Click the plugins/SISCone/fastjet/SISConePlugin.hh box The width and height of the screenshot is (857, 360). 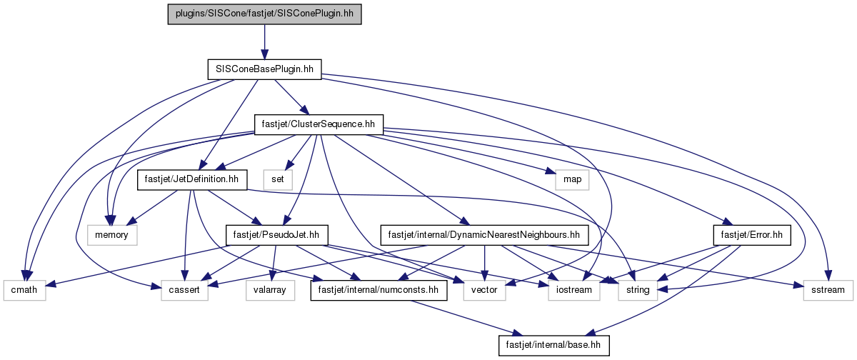tap(264, 14)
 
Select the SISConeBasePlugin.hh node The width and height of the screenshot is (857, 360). tap(264, 69)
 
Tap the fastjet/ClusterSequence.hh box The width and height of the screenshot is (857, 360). tap(319, 124)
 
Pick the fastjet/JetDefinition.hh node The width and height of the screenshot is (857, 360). tap(191, 179)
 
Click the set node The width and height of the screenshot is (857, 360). tap(278, 179)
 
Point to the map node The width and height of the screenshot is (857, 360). tap(572, 179)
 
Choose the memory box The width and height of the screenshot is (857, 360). tap(111, 235)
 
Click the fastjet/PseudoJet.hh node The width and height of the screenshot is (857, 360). tap(276, 235)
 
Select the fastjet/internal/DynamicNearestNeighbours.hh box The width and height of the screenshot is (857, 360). tap(484, 235)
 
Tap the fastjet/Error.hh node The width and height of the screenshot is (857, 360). tap(752, 235)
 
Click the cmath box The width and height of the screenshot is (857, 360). tap(24, 290)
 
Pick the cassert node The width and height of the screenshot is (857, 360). tap(184, 290)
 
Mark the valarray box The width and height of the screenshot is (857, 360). tap(270, 290)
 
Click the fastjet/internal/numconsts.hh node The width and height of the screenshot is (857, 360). tap(379, 290)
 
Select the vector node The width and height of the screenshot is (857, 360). tap(484, 290)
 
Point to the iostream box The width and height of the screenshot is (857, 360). tap(574, 290)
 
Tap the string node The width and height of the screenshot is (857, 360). tap(638, 290)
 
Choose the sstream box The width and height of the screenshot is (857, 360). tap(828, 290)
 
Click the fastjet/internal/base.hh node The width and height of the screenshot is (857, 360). tap(553, 345)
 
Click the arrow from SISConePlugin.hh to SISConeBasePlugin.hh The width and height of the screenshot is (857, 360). tap(264, 42)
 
